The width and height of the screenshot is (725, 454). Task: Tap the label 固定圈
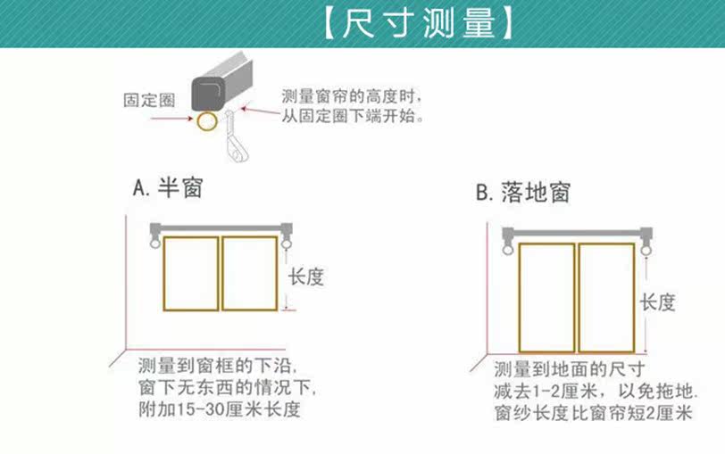point(147,99)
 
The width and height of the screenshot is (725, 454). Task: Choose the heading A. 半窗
point(168,189)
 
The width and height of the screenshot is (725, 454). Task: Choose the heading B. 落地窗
point(522,192)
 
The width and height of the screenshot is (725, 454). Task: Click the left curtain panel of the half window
point(191,273)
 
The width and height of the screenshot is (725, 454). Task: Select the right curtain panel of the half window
point(249,273)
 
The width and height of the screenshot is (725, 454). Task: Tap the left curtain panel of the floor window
point(546,297)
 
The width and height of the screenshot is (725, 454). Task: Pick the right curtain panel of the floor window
point(605,297)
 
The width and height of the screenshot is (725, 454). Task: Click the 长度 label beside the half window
point(305,277)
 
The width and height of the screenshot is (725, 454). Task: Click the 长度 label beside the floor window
point(657,302)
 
